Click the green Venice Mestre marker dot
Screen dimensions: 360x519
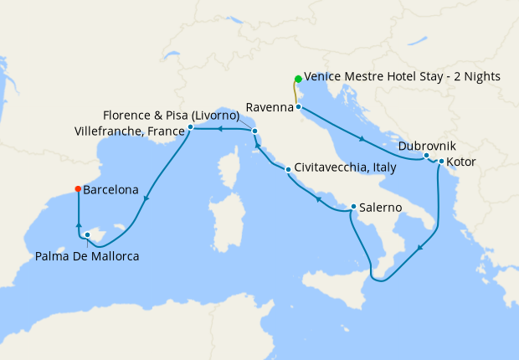298,80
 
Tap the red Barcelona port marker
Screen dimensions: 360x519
78,188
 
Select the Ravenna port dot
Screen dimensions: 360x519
298,107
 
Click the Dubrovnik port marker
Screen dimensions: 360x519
426,156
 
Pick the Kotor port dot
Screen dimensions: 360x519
441,162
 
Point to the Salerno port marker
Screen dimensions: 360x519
353,207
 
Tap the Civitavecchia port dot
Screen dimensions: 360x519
288,170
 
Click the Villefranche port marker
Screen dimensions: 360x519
191,127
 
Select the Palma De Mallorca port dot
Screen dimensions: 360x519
87,235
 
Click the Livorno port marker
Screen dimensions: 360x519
254,131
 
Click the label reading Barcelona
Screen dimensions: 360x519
110,190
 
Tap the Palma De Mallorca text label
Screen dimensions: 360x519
87,255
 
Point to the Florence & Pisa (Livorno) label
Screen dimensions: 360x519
172,115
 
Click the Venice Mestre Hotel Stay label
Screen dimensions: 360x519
402,76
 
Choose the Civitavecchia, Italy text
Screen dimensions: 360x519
345,167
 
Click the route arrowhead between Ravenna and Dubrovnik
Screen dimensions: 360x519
362,139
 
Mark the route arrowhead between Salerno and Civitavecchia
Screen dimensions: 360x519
318,198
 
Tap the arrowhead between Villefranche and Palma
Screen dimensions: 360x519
146,198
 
